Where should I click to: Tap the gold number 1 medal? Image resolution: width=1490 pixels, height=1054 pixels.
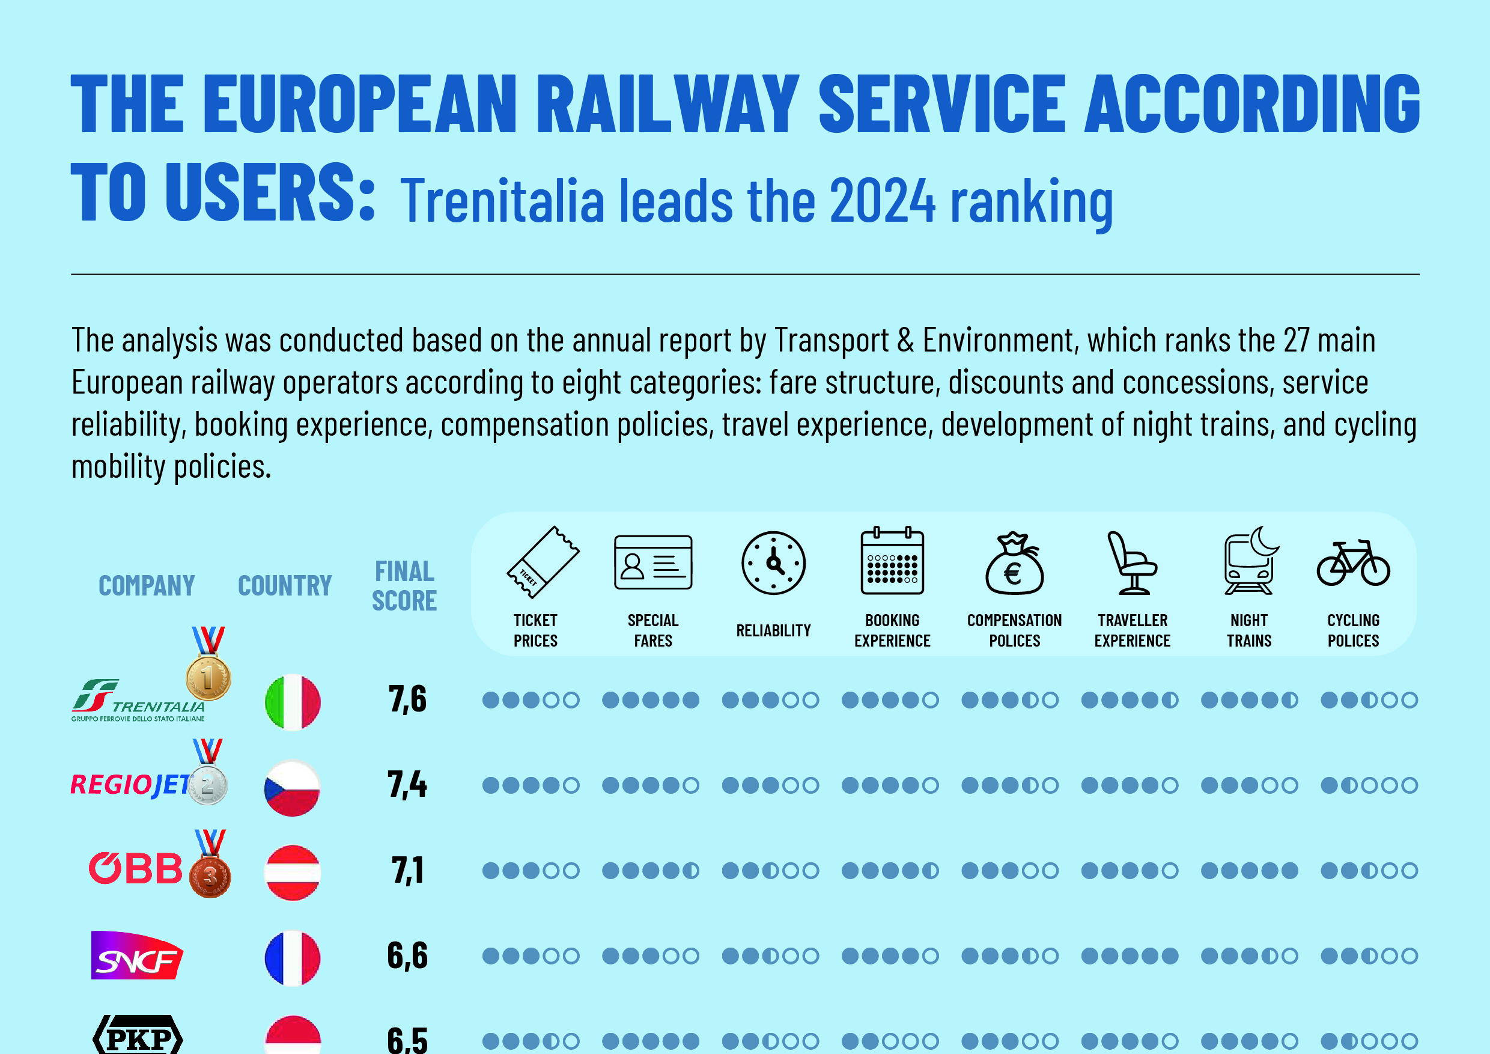[208, 677]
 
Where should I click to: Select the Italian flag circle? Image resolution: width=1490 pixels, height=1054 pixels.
[293, 702]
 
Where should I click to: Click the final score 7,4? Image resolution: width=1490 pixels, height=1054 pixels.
[407, 785]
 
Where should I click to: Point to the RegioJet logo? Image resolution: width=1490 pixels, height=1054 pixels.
[130, 785]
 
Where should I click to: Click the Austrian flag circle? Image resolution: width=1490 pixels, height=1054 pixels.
[293, 873]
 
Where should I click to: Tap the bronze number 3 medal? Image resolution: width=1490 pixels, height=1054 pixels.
[210, 876]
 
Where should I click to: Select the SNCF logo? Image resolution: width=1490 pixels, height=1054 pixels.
[136, 955]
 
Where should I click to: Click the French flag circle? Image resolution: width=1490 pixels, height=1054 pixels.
[293, 958]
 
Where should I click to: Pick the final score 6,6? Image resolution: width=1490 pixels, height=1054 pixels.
[407, 955]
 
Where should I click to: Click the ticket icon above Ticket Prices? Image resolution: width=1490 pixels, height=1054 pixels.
[543, 562]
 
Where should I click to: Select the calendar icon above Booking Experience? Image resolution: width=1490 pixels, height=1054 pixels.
[892, 561]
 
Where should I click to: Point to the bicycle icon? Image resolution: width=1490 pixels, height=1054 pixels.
[1353, 563]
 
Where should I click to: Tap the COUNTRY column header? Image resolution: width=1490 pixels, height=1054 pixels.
[284, 585]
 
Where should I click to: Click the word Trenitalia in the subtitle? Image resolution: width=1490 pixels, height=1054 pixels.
[502, 201]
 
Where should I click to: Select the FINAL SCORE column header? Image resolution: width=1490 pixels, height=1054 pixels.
[404, 585]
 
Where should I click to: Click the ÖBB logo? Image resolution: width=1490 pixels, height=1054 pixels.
[136, 868]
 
